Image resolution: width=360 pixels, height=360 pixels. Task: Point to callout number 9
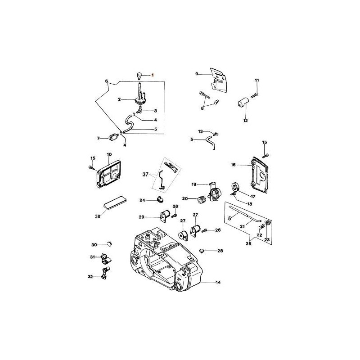(x=197, y=73)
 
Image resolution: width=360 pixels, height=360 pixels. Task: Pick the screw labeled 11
(x=253, y=94)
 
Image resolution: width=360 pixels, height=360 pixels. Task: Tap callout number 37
(x=145, y=174)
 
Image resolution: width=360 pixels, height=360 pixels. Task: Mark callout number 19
(x=193, y=184)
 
